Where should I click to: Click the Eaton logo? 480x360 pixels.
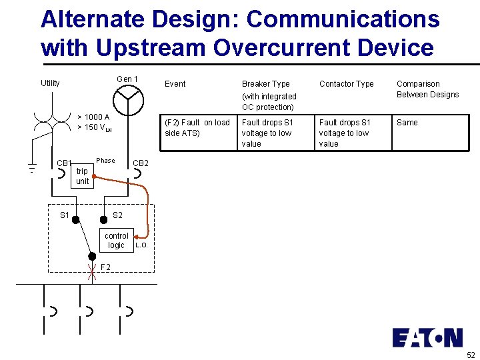click(427, 337)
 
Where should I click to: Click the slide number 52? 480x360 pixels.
click(471, 355)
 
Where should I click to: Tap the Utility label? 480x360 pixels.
click(50, 83)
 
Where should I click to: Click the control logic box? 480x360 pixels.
click(117, 241)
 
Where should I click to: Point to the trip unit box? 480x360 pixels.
click(82, 176)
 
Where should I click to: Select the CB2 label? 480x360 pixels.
click(141, 163)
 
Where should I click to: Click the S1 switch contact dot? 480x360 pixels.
click(76, 219)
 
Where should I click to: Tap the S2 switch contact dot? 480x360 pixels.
click(103, 219)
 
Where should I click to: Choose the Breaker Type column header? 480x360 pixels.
click(265, 84)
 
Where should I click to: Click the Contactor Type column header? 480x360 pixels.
click(346, 84)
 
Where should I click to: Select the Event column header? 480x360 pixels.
click(175, 84)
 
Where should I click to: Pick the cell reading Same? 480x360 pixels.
click(407, 123)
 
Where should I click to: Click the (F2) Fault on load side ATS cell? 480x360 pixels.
click(197, 128)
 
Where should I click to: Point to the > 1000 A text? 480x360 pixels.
click(93, 117)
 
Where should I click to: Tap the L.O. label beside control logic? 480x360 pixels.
click(141, 245)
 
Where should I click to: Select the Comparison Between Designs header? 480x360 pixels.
click(427, 89)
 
